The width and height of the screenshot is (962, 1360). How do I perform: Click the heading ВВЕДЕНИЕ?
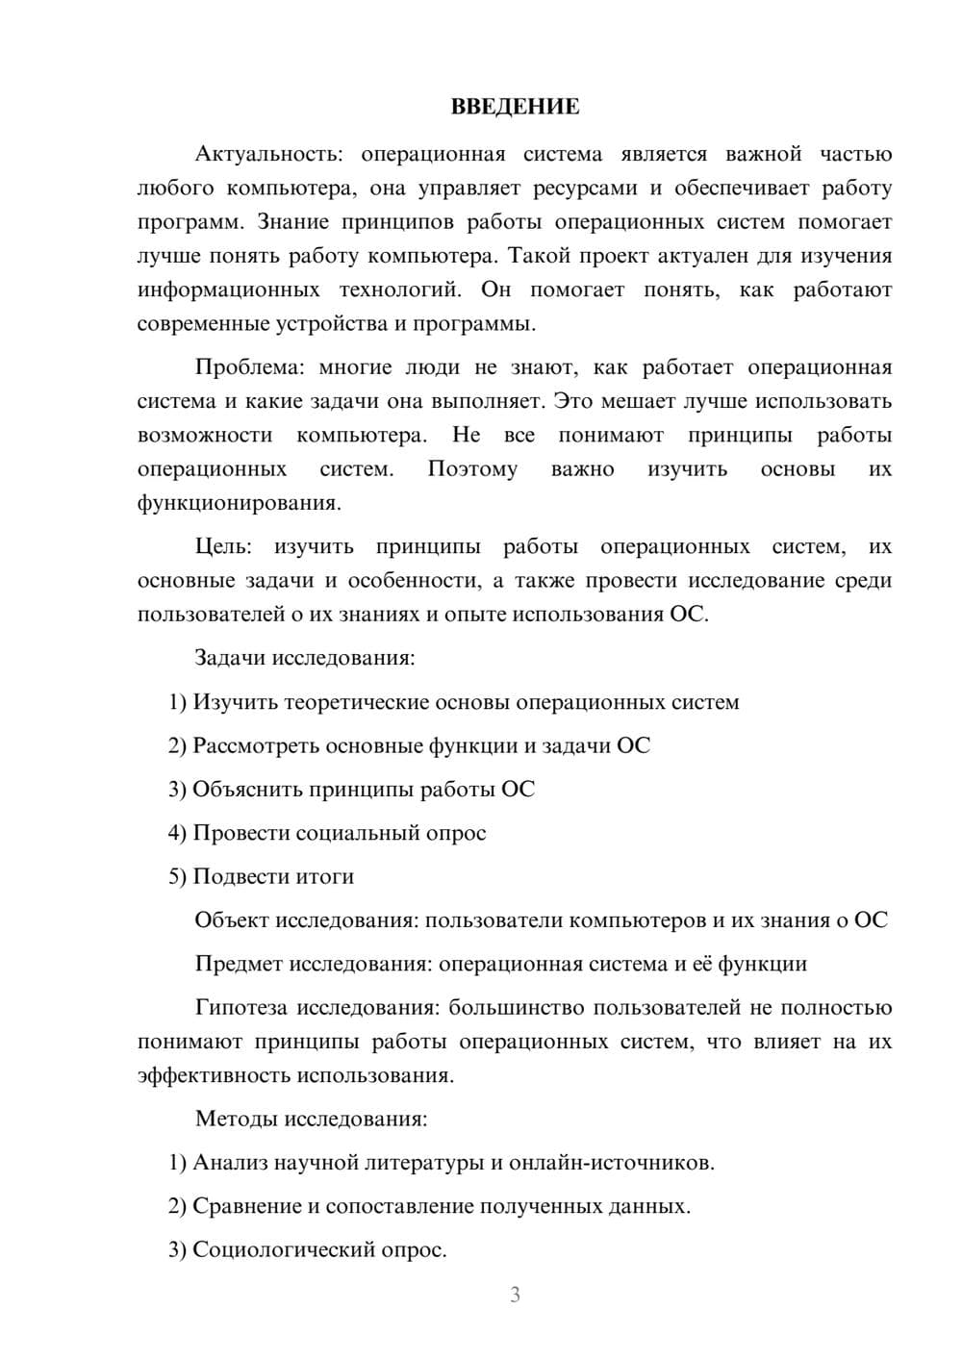(x=515, y=107)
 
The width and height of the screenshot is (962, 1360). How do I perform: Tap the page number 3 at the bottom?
(x=515, y=1295)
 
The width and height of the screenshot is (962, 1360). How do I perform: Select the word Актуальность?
(x=265, y=154)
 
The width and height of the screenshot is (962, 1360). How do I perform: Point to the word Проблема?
(x=245, y=367)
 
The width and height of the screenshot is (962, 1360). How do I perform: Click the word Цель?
(x=223, y=546)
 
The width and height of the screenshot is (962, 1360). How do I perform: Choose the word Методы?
(x=232, y=1119)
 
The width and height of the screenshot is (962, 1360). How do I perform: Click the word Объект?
(x=232, y=919)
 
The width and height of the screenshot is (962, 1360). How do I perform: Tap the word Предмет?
(x=239, y=964)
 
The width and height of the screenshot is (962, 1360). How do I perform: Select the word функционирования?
(x=239, y=503)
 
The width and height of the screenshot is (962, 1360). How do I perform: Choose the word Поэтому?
(x=472, y=469)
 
